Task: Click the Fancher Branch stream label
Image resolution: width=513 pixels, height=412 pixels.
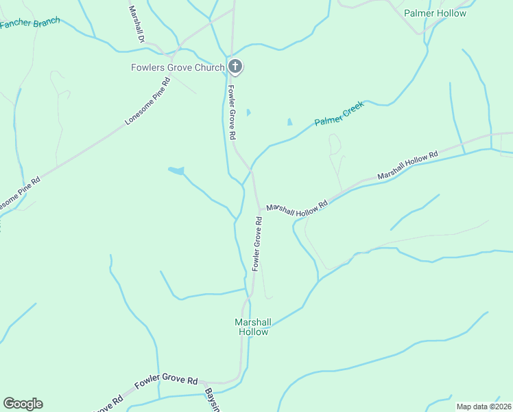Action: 29,23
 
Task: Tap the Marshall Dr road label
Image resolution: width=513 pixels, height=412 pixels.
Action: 134,24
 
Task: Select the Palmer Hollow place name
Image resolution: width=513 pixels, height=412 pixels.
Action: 435,13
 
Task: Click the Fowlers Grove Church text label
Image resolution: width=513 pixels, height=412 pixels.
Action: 178,67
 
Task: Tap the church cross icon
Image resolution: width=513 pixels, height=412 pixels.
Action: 235,67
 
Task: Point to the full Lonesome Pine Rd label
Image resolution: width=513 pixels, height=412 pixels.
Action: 147,103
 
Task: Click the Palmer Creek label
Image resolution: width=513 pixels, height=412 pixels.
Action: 338,113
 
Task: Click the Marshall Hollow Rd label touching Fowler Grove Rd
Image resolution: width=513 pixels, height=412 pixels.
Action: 297,209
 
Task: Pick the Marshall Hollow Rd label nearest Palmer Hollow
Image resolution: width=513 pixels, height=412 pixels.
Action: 407,167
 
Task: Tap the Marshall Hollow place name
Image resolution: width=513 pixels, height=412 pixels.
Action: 253,327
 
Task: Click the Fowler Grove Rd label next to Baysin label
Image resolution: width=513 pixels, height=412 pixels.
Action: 166,382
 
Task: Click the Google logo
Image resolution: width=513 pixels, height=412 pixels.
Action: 23,404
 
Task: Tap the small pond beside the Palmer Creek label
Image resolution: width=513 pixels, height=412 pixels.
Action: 289,122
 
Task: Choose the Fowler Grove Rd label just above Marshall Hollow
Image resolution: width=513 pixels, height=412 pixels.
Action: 257,243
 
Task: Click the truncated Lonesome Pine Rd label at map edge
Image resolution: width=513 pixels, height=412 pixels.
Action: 19,194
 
